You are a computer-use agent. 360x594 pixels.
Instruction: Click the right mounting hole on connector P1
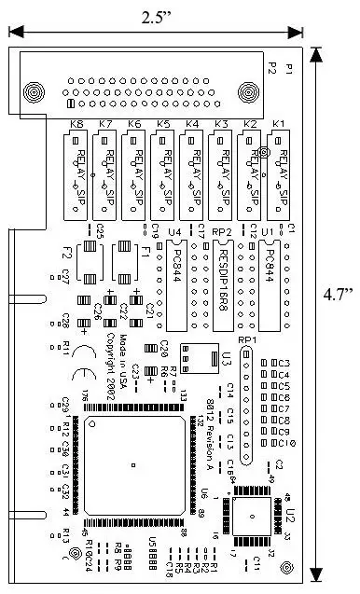tap(248, 92)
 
